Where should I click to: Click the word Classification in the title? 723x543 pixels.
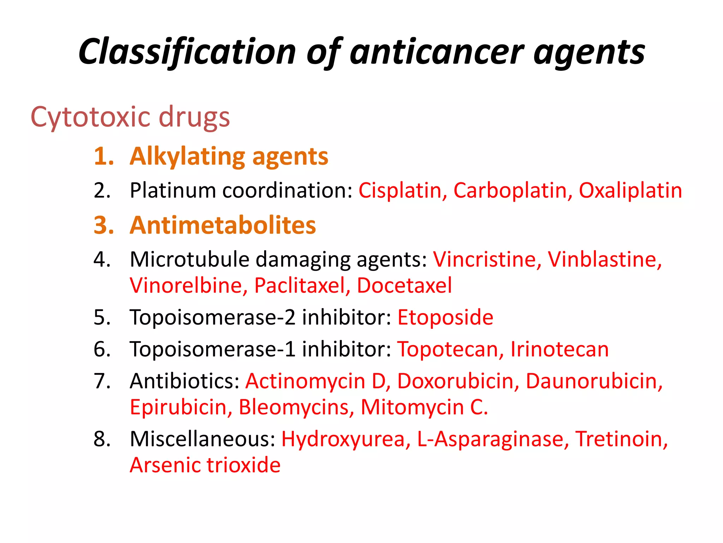[x=187, y=52]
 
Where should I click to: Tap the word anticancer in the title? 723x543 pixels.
[x=437, y=52]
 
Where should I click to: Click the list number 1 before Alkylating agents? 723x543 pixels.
[x=103, y=156]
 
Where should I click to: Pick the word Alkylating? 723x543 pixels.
[x=187, y=156]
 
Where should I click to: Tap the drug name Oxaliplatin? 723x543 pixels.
[x=630, y=191]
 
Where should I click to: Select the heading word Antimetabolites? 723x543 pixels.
[x=223, y=225]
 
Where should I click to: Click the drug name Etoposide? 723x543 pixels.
[x=445, y=317]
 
